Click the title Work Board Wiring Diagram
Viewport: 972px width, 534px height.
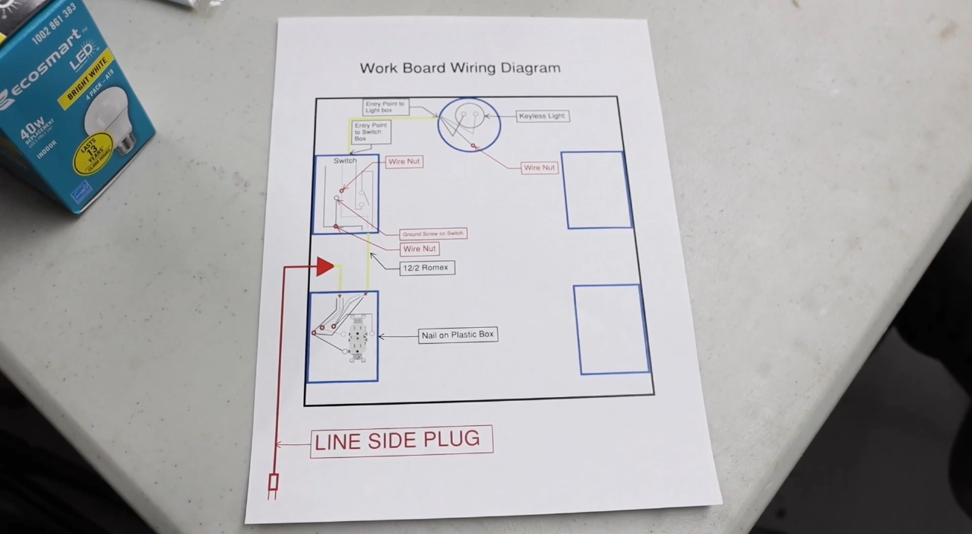click(x=460, y=68)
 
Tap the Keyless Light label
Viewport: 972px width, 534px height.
click(x=542, y=116)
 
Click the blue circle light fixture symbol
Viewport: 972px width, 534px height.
click(x=469, y=124)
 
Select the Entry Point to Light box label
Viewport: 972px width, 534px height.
click(x=385, y=107)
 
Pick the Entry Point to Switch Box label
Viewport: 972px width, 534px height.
click(x=371, y=132)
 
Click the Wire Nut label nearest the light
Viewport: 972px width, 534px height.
click(x=539, y=167)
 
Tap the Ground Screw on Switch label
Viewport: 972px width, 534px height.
click(x=432, y=234)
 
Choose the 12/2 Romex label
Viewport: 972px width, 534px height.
click(x=427, y=268)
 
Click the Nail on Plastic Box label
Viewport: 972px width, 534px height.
click(x=458, y=335)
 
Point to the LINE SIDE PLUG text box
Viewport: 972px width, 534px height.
click(x=401, y=440)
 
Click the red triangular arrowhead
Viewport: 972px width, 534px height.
click(x=325, y=266)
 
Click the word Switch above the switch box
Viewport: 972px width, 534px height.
click(x=345, y=161)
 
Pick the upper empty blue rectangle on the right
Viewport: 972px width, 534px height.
click(x=597, y=189)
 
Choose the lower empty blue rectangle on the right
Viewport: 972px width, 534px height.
click(x=611, y=329)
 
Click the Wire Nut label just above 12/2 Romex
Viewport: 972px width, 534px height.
click(x=420, y=249)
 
